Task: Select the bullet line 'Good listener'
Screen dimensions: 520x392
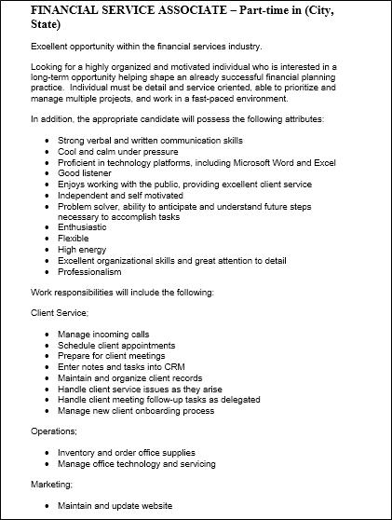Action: coord(85,173)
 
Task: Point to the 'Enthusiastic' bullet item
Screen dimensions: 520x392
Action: coord(82,227)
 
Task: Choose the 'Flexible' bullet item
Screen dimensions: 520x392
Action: coord(74,239)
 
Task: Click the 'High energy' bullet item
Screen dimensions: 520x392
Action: coord(81,250)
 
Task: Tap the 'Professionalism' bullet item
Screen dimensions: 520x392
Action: coord(89,272)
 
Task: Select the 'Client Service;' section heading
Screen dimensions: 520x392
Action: coord(60,312)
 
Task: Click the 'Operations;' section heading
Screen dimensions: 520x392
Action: coord(54,432)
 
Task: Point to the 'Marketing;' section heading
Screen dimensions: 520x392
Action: coord(52,485)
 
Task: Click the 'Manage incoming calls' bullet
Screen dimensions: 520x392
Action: coord(102,333)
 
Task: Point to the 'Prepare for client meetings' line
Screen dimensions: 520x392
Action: coord(111,355)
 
